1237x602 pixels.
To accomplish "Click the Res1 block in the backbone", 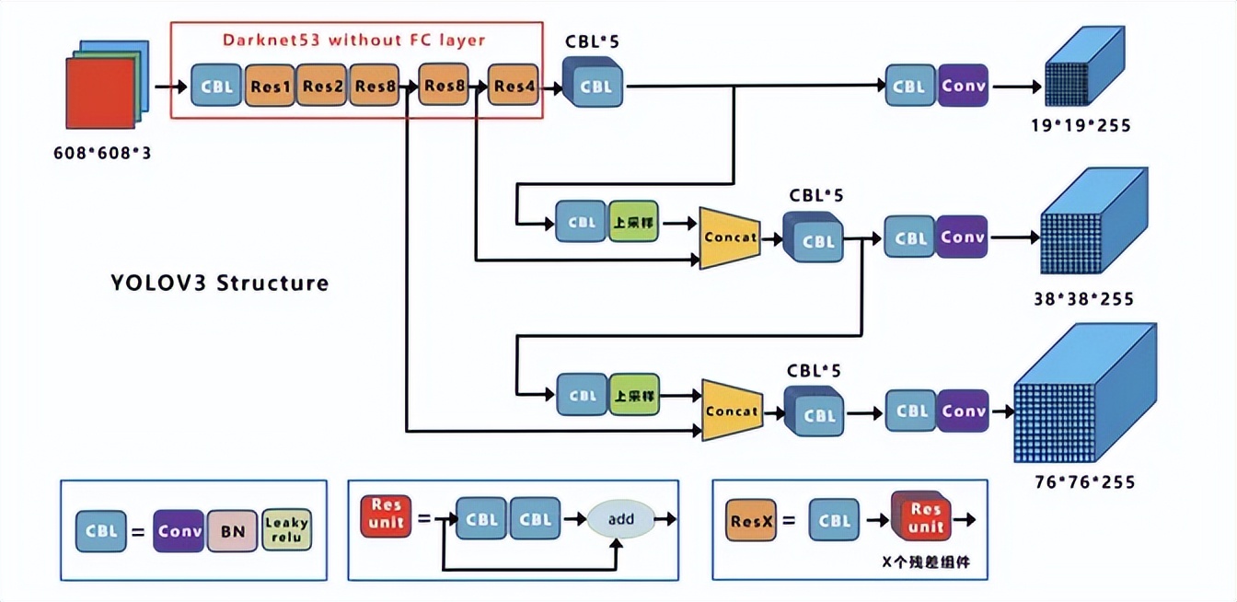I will [270, 87].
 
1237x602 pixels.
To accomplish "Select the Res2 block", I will [322, 87].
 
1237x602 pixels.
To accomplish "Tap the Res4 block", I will [514, 87].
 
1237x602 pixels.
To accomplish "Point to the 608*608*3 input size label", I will [102, 154].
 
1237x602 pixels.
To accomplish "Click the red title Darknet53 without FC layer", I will [353, 41].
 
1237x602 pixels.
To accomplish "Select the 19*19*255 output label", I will [1081, 125].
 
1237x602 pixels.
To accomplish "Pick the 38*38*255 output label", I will [1083, 299].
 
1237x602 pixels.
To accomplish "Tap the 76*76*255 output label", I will [1084, 481].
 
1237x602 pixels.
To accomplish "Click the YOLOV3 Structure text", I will [219, 283].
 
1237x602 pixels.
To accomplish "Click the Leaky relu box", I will [287, 531].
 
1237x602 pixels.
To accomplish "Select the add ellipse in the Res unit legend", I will [621, 519].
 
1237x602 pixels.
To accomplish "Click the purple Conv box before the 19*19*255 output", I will [963, 86].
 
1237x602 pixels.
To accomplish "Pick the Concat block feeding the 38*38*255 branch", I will [730, 237].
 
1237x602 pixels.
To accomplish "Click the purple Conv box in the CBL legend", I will [179, 531].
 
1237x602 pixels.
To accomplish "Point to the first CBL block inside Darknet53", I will [217, 87].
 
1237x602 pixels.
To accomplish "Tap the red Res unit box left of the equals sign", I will [385, 515].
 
